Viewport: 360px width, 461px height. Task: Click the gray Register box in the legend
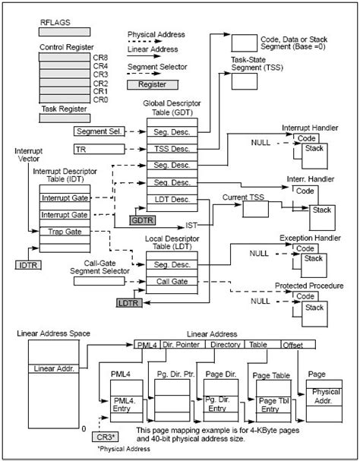click(x=151, y=84)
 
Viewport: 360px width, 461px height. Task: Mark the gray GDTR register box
click(x=142, y=219)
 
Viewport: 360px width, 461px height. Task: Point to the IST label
click(x=191, y=226)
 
